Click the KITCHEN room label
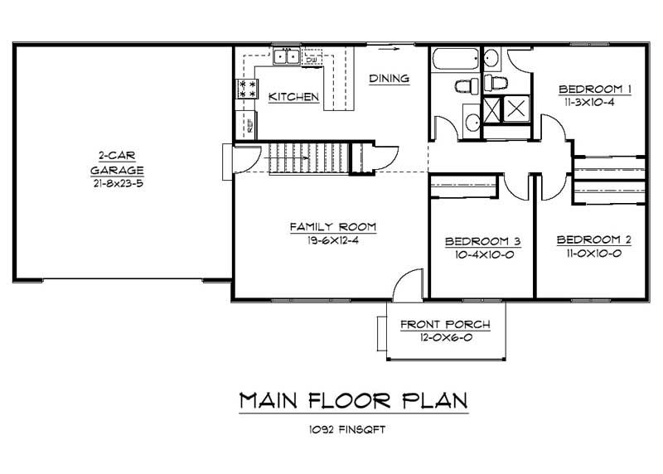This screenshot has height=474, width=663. (294, 98)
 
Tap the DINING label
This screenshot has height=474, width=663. (390, 79)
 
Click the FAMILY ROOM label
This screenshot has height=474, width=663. (333, 226)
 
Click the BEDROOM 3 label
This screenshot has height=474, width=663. (482, 241)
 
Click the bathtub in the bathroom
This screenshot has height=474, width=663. (454, 60)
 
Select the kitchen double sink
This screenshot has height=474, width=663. (286, 57)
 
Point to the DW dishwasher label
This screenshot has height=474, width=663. (312, 60)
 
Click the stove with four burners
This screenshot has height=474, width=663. (247, 89)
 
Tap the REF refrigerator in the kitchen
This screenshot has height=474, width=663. (248, 126)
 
